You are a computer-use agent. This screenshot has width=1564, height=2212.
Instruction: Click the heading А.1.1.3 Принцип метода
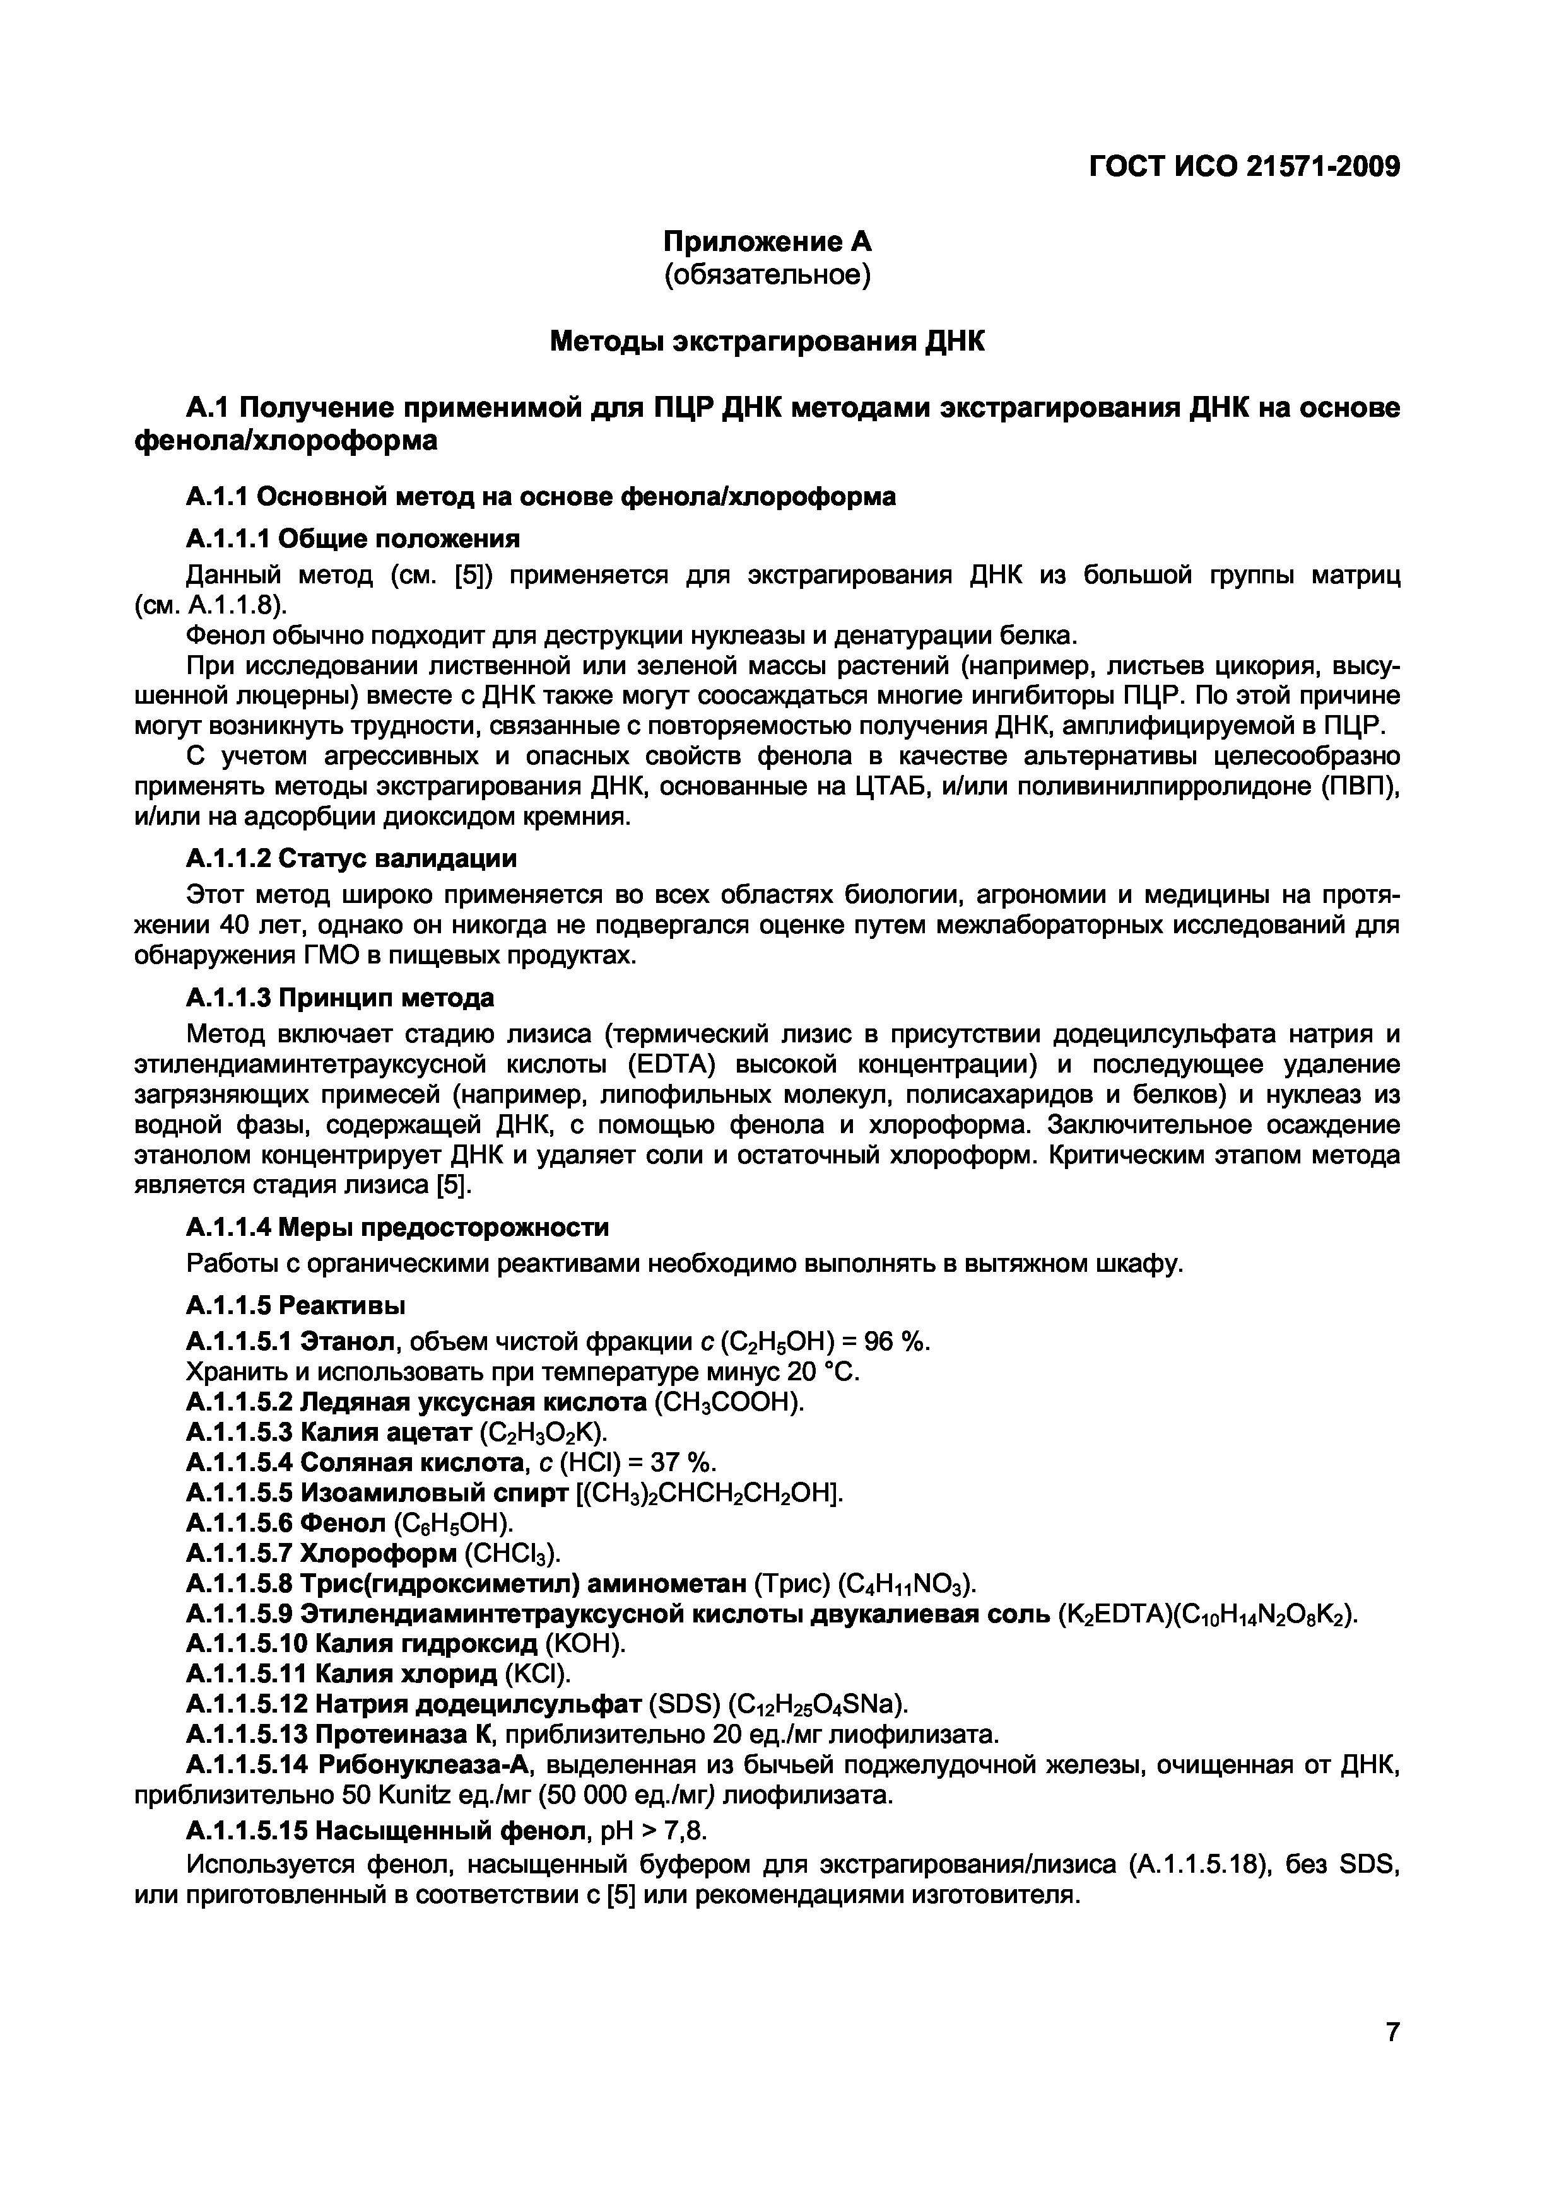339,997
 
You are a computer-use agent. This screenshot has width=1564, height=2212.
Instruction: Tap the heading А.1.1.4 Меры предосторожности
397,1228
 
